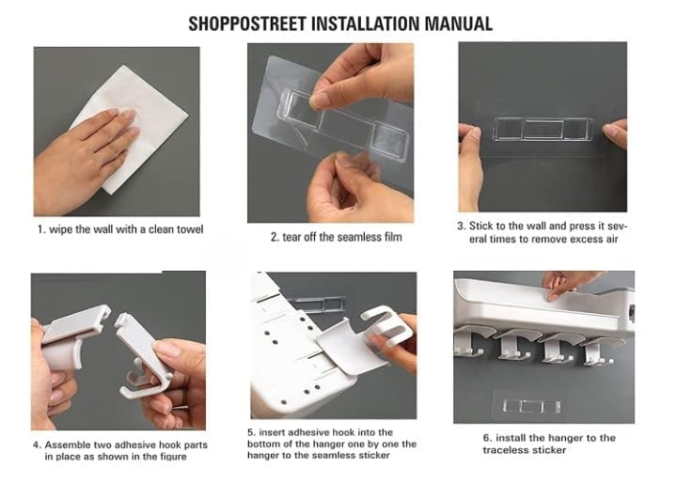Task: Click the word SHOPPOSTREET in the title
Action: coord(248,23)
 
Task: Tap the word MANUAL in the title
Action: coord(459,23)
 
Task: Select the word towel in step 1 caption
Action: coord(190,229)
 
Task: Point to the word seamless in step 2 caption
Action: coord(357,237)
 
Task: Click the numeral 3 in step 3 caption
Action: coord(461,226)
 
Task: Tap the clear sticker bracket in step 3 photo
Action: coord(543,130)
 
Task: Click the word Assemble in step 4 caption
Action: coord(66,445)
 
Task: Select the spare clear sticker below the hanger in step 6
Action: coord(531,406)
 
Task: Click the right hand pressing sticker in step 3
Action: coord(614,133)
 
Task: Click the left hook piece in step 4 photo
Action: coord(74,336)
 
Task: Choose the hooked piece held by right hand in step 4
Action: coord(140,352)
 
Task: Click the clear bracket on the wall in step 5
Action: coord(318,304)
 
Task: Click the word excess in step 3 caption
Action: coord(573,240)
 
